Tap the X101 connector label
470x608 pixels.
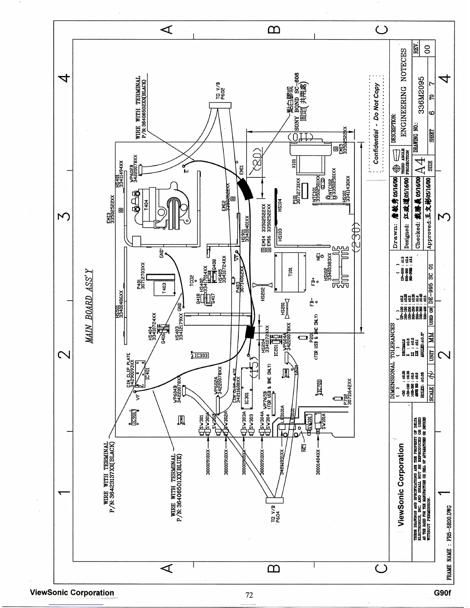(294, 164)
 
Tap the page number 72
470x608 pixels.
(249, 595)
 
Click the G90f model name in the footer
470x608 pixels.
(442, 593)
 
